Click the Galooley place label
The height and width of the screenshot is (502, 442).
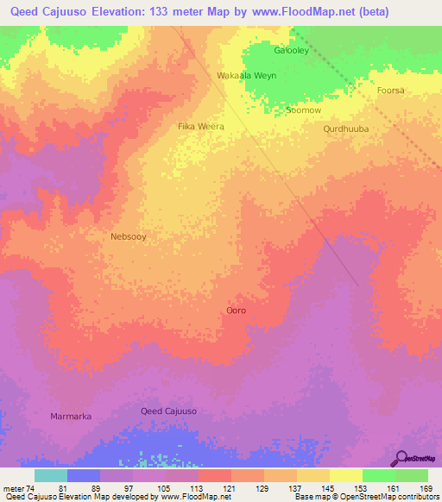tap(291, 50)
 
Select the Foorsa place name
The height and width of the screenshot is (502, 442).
tap(390, 90)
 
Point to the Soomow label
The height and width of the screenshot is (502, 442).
tap(303, 110)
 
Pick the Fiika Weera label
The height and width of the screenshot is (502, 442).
tap(200, 127)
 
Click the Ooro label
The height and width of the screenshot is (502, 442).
tap(236, 310)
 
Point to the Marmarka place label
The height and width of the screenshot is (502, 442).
tap(70, 416)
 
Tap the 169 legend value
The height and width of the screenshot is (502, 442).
tap(426, 488)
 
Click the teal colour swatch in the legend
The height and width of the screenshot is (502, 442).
tap(50, 475)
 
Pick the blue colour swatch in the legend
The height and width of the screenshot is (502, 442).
tap(83, 475)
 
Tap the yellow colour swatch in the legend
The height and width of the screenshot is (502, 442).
tap(345, 475)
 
